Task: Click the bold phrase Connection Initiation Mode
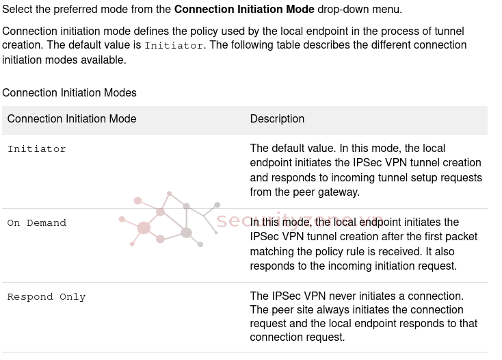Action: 244,10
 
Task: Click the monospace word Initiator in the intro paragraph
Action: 174,46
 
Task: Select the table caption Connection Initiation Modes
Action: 69,93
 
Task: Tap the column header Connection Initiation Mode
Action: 72,119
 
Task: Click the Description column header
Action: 277,119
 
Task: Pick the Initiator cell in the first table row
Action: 37,149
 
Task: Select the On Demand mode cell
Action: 37,223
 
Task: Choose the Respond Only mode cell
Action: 47,297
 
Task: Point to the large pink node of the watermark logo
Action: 144,228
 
